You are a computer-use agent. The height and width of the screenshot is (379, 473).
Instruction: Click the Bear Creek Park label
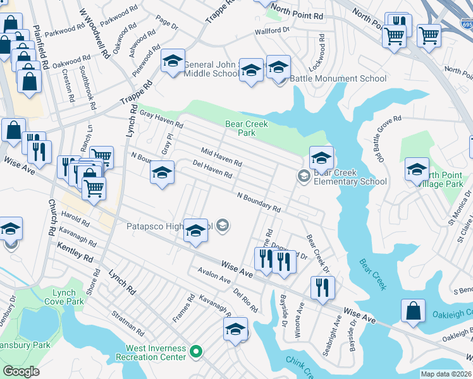[x=247, y=129]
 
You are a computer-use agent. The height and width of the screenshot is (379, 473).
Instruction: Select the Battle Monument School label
[x=338, y=79]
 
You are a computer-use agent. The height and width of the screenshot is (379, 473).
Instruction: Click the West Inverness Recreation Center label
[x=156, y=352]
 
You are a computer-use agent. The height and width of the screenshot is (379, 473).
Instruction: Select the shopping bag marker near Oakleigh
[x=412, y=311]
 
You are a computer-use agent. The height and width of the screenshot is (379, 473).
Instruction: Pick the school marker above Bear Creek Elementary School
[x=321, y=157]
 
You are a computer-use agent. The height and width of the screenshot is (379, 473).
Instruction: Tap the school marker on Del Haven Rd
[x=162, y=172]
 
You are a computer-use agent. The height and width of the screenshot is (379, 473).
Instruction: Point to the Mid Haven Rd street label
[x=221, y=157]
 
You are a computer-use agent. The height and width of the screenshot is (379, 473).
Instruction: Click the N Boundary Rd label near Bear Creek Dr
[x=259, y=202]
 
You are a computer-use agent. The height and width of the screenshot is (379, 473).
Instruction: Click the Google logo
[x=21, y=371]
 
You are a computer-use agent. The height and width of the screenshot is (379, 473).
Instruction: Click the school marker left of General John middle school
[x=173, y=62]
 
